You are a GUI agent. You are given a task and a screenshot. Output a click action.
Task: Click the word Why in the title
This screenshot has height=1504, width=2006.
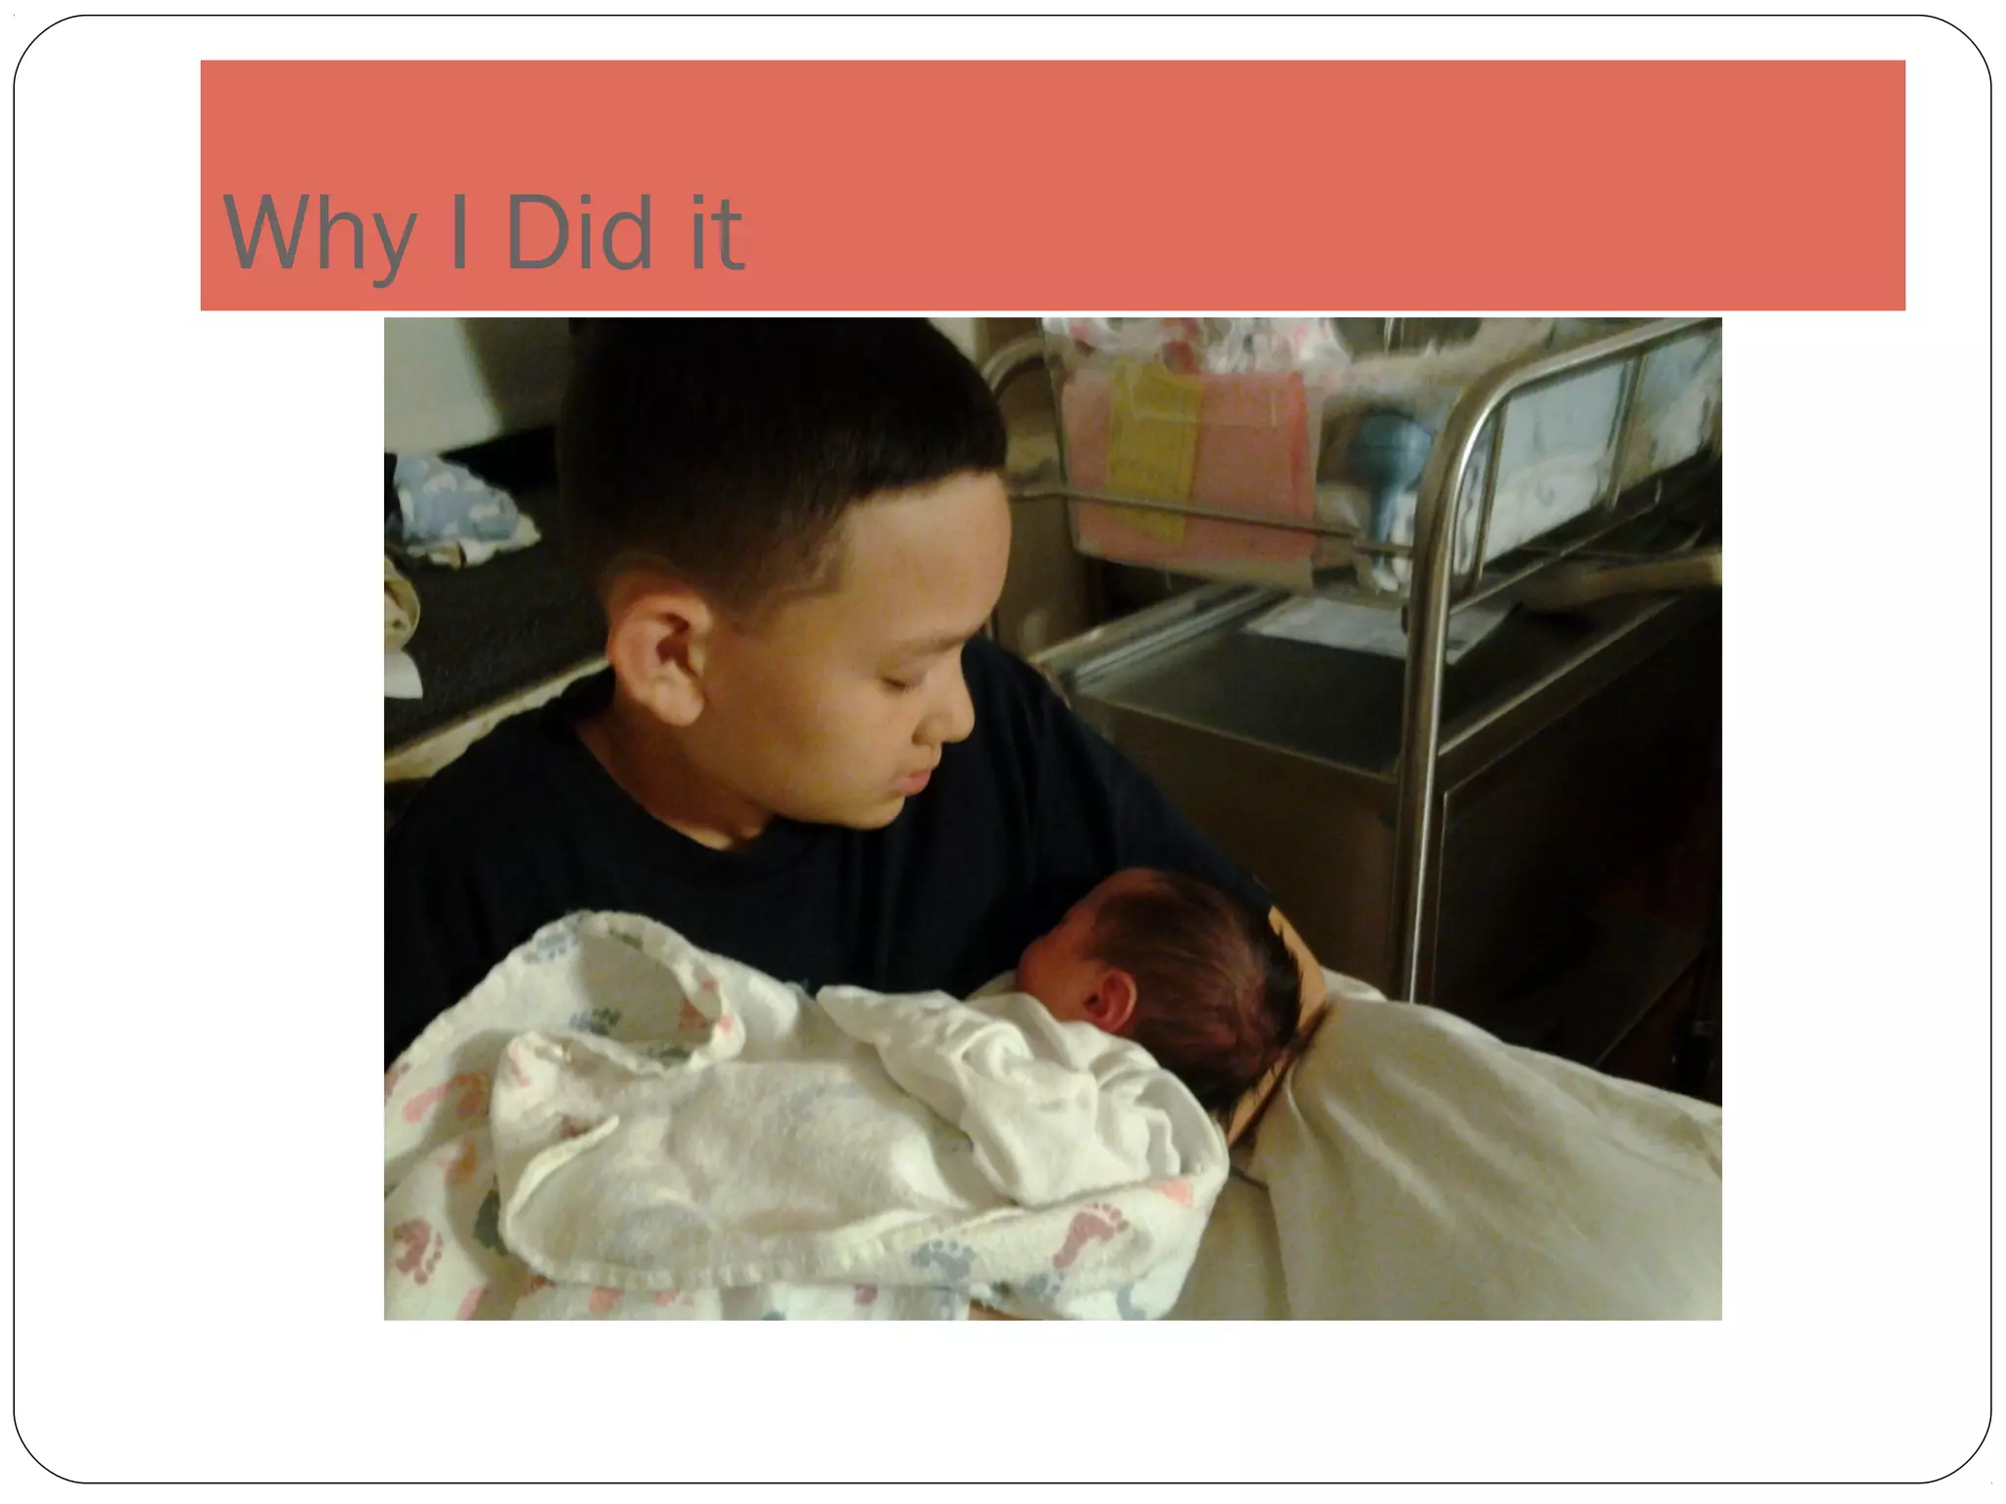(318, 235)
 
